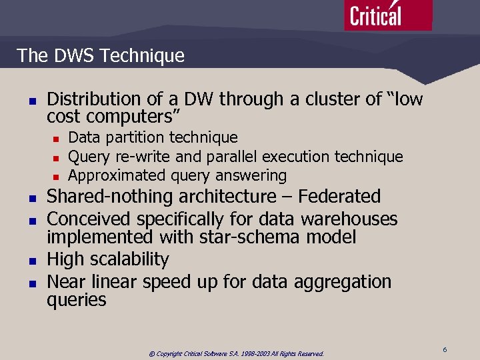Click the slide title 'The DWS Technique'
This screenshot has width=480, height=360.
point(101,55)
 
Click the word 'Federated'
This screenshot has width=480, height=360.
point(339,197)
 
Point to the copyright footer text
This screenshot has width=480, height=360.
point(236,353)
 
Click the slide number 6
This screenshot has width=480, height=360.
point(444,349)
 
